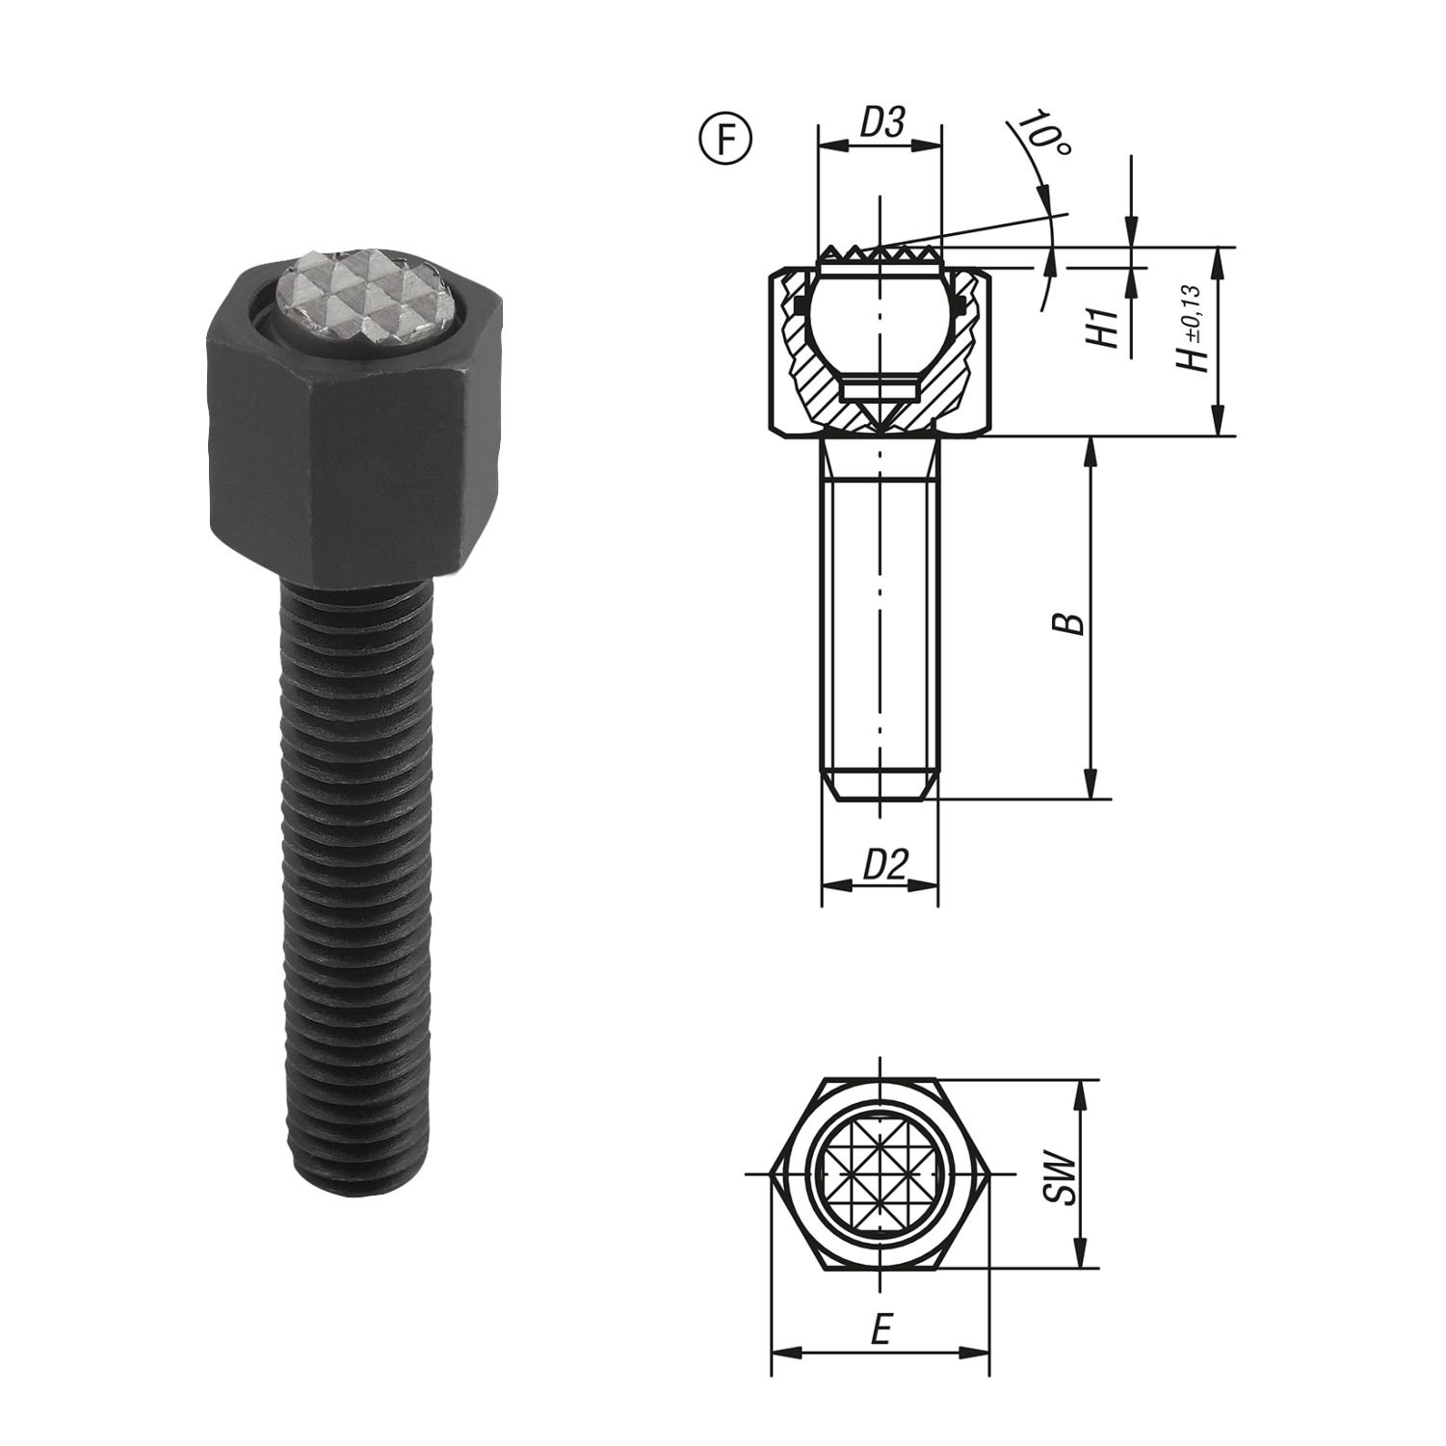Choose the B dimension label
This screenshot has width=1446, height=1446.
tap(1072, 622)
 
